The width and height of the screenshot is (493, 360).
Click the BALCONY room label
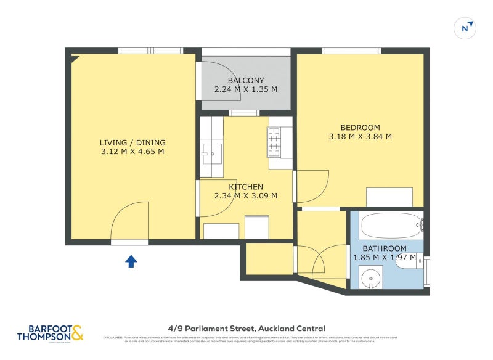[x=246, y=81]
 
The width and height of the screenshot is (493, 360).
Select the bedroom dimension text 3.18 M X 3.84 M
[x=361, y=137]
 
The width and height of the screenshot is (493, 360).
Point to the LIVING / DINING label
[x=132, y=142]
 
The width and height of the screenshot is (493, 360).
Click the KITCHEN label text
[x=246, y=187]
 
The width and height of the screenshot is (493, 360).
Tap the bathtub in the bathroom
[x=391, y=225]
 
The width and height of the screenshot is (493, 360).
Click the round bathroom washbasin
[x=371, y=278]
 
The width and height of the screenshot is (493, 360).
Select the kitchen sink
[x=212, y=152]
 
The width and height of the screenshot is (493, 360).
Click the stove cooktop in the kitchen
[x=274, y=142]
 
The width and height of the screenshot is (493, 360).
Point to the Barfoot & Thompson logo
[x=50, y=333]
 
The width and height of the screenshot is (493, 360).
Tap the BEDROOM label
[x=361, y=128]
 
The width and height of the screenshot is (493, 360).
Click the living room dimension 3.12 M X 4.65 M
[x=132, y=152]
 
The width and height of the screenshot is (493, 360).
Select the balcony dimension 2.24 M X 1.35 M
[x=246, y=89]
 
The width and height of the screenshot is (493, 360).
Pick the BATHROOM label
[x=385, y=248]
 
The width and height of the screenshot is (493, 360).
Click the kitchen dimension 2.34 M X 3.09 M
[x=246, y=196]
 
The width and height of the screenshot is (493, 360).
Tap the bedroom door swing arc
[x=313, y=186]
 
